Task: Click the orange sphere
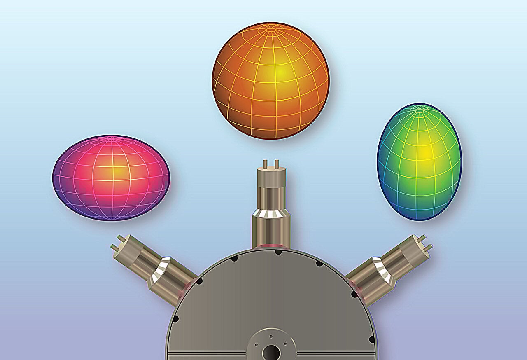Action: (270, 81)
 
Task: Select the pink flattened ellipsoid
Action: (111, 178)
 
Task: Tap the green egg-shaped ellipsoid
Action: (419, 161)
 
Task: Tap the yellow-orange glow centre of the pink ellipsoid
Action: (118, 171)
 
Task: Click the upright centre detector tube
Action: (271, 206)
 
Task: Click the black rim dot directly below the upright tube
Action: (278, 252)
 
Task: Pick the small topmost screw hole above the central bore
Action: (271, 337)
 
